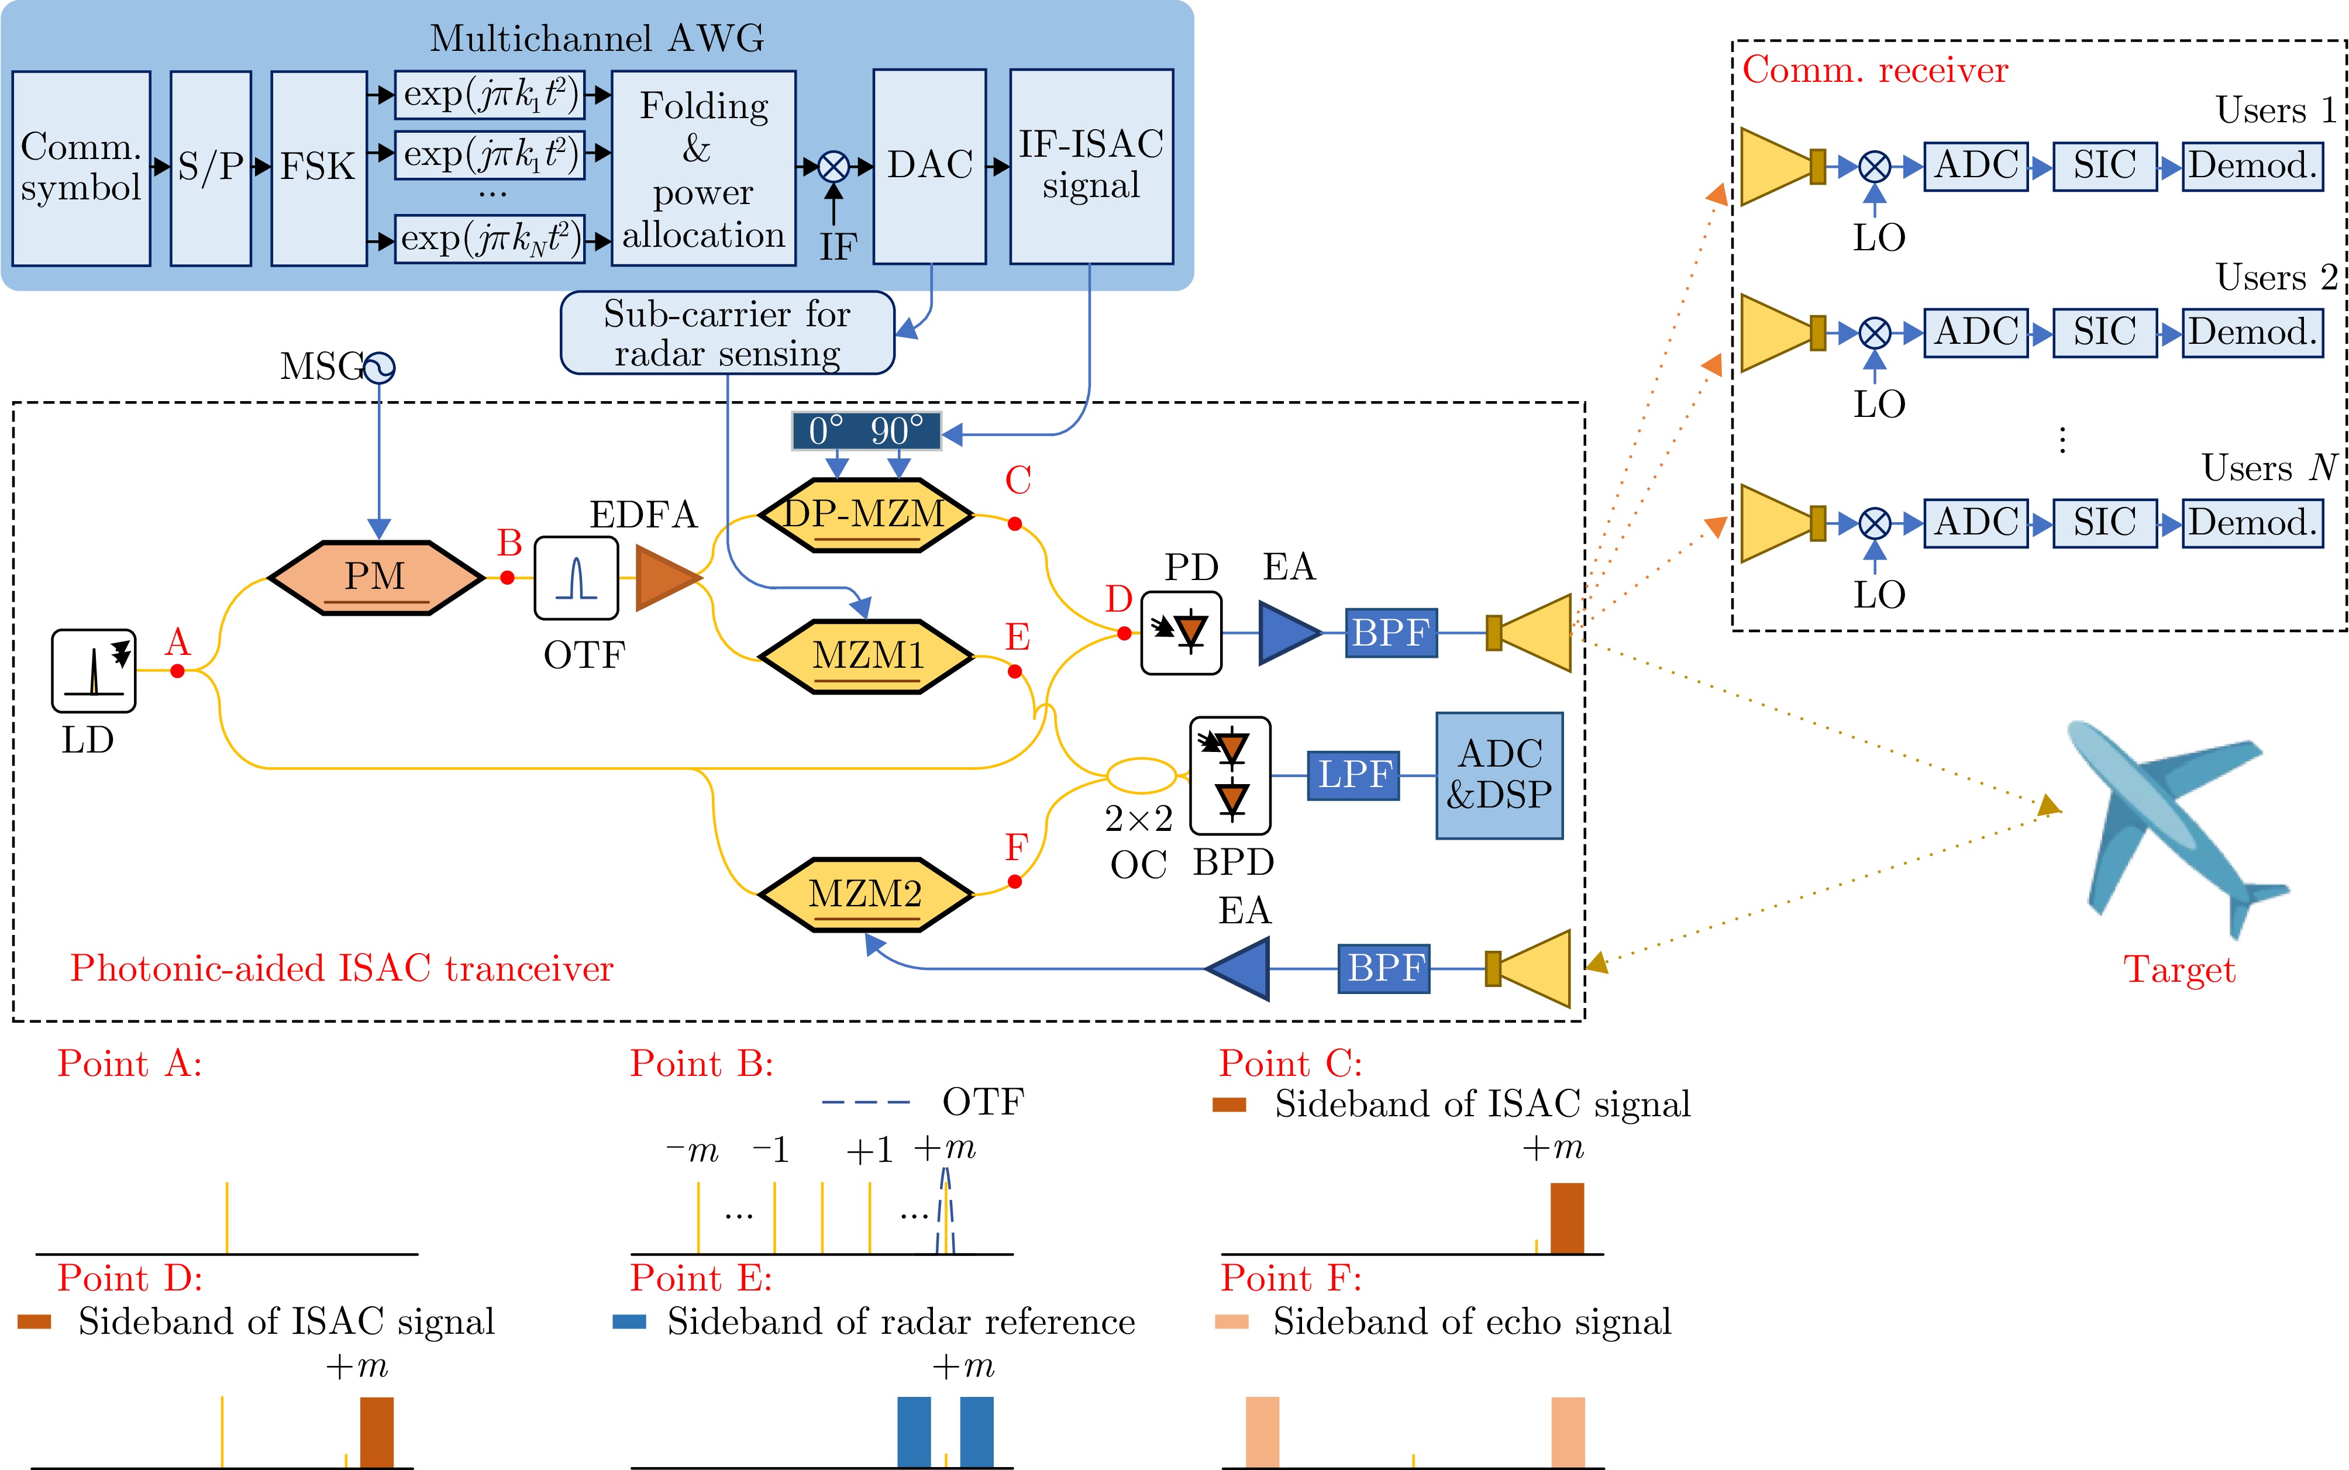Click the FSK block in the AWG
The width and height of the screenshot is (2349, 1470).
[x=319, y=167]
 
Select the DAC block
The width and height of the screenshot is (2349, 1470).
[x=929, y=166]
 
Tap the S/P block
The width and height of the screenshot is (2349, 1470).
[x=210, y=167]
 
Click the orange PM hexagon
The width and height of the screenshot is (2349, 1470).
[x=376, y=578]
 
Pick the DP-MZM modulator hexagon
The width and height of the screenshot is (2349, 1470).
[x=864, y=515]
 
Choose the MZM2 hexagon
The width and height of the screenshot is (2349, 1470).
[x=864, y=893]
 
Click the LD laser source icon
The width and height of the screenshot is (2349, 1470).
[x=94, y=671]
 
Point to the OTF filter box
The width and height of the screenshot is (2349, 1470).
[x=577, y=578]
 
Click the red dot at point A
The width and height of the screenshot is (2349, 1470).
[x=177, y=671]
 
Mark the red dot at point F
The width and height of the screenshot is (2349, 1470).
[x=1015, y=881]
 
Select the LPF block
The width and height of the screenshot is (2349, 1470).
[x=1353, y=775]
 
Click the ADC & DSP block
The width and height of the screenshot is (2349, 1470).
[x=1499, y=775]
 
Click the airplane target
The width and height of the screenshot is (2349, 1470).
[x=2178, y=826]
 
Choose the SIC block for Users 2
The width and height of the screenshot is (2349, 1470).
[x=2105, y=333]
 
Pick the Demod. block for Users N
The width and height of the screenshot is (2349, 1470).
[x=2252, y=523]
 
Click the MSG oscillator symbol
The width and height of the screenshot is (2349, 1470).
[x=379, y=367]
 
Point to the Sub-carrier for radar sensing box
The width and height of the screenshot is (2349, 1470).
[x=727, y=333]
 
